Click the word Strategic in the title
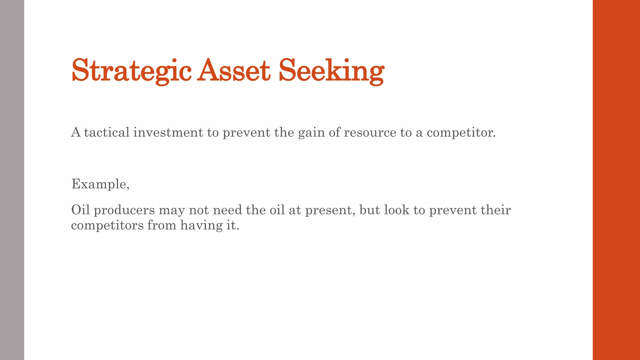pyautogui.click(x=131, y=71)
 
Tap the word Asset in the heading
pyautogui.click(x=234, y=71)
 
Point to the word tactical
pyautogui.click(x=107, y=132)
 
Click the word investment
pyautogui.click(x=168, y=132)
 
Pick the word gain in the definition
pyautogui.click(x=311, y=133)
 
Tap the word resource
pyautogui.click(x=370, y=133)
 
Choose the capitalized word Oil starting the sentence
pyautogui.click(x=80, y=210)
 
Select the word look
pyautogui.click(x=397, y=210)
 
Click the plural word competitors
pyautogui.click(x=107, y=225)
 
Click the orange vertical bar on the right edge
pyautogui.click(x=616, y=180)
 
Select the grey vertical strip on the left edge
pyautogui.click(x=12, y=180)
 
